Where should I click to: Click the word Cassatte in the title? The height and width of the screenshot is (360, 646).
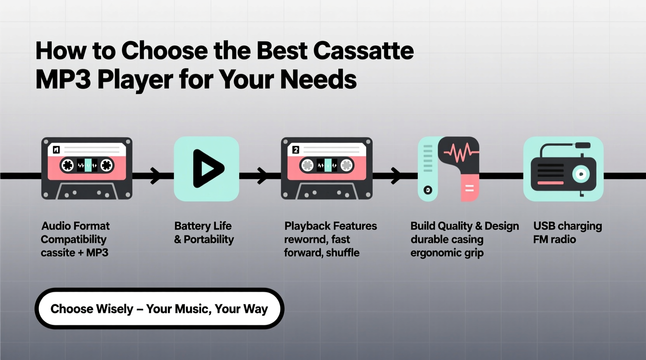coord(363,51)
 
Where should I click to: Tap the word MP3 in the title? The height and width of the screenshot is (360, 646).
coord(63,79)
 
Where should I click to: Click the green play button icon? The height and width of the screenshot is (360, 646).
coord(207,169)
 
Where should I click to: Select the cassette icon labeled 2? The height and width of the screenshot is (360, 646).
coord(327,168)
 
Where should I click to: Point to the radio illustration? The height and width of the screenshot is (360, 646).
coord(563,169)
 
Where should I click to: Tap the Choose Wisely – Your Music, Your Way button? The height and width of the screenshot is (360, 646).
coord(160,309)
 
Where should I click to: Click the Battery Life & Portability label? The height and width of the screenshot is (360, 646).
coord(204,233)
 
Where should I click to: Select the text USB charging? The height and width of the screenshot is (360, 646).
coord(568,226)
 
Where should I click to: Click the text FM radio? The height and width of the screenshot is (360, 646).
coord(554,239)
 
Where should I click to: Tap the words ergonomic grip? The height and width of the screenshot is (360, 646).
coord(447,253)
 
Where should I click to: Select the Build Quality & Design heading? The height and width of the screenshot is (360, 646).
coord(465,226)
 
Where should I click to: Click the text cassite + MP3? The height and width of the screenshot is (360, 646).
coord(75,253)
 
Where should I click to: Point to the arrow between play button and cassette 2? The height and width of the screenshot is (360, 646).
coord(262,176)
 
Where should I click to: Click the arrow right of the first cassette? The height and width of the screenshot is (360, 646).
coord(155,176)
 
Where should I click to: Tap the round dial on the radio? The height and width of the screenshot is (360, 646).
coord(581,174)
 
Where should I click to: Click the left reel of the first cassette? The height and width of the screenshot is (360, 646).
coord(68,165)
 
